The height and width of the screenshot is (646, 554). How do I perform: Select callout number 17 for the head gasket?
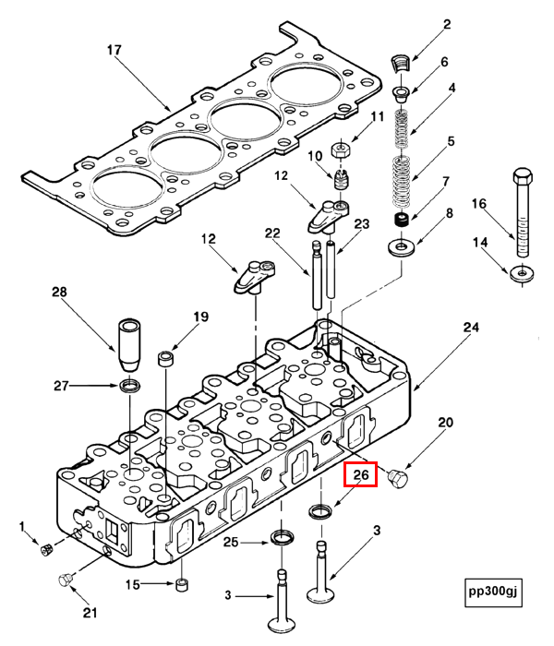pyautogui.click(x=114, y=50)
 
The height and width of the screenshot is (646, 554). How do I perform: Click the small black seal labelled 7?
pyautogui.click(x=402, y=221)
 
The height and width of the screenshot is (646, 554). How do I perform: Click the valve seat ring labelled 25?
pyautogui.click(x=283, y=537)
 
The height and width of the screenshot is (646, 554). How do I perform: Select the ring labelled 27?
pyautogui.click(x=132, y=384)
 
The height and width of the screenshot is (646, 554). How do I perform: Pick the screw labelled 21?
pyautogui.click(x=66, y=579)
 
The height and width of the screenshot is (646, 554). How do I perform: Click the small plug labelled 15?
pyautogui.click(x=182, y=584)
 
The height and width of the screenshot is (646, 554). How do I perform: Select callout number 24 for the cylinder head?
pyautogui.click(x=471, y=328)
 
